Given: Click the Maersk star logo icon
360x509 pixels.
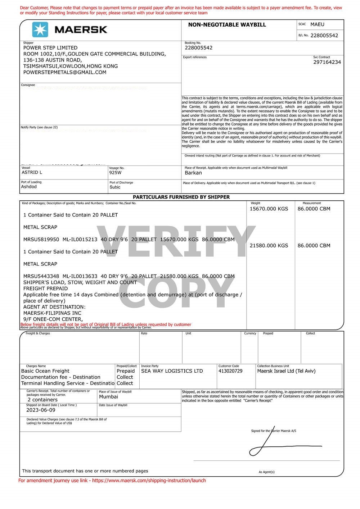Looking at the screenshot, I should click(x=40, y=29).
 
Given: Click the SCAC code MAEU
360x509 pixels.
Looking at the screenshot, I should click(x=317, y=24).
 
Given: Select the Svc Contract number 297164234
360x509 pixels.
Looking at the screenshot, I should click(x=327, y=62).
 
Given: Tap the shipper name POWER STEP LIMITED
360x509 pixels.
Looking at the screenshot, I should click(x=50, y=48).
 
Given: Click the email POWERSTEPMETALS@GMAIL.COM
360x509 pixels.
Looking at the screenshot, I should click(x=65, y=72).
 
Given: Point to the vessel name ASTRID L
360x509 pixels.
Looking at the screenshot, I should click(x=32, y=172).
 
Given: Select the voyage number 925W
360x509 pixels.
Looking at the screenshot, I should click(x=116, y=173).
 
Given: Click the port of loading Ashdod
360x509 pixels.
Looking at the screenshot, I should click(x=29, y=187).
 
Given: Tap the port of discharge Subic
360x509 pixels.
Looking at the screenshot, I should click(x=115, y=187).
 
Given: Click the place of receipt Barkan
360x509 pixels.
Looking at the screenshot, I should click(x=193, y=173).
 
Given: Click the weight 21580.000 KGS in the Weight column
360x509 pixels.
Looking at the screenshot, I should click(x=269, y=246).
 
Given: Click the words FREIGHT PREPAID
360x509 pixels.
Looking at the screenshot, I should click(x=45, y=288).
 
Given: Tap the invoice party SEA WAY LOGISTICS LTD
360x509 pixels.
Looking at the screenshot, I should click(x=172, y=371).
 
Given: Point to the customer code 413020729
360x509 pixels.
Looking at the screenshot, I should click(x=230, y=371).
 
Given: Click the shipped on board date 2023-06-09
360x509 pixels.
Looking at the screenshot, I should click(x=41, y=410).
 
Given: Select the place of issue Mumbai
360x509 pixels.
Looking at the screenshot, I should click(x=108, y=397).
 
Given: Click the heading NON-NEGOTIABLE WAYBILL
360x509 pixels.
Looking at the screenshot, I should click(x=227, y=25).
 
